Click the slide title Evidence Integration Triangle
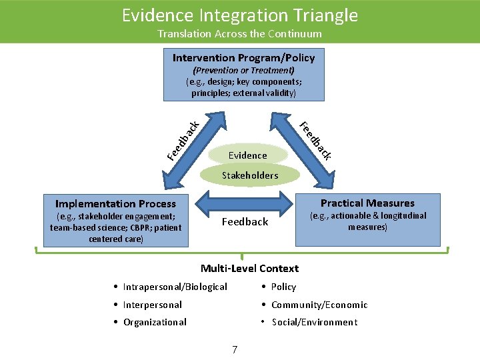tap(240, 15)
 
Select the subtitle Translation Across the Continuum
tap(240, 34)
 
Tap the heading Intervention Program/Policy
tap(244, 58)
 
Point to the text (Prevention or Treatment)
tap(244, 71)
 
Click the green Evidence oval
tap(247, 155)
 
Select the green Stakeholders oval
tap(250, 175)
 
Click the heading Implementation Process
tap(115, 204)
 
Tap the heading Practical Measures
tap(367, 203)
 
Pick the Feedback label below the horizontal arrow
tap(245, 222)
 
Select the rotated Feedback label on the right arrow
tap(315, 141)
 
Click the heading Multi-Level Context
tap(250, 269)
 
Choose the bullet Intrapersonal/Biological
tap(175, 287)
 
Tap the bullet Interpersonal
tap(152, 305)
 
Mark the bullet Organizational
tap(155, 322)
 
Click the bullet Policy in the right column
tap(283, 287)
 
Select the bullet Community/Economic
tap(319, 305)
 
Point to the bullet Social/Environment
tap(314, 322)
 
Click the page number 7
tap(234, 349)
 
